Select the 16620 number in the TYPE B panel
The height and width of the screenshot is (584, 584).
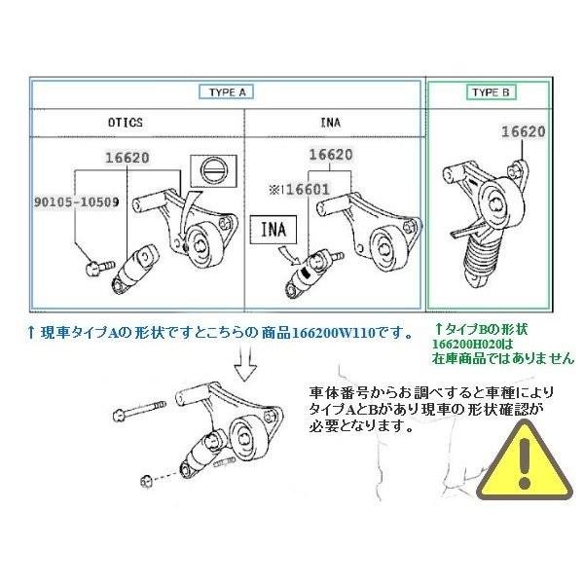pos(523,129)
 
